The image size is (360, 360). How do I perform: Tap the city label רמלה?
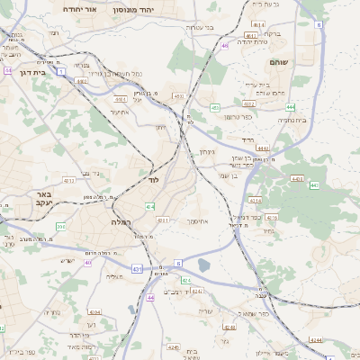(121, 220)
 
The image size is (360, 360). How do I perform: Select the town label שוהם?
(277, 64)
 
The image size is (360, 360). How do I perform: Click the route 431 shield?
(137, 268)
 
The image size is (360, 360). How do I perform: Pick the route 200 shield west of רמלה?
(60, 226)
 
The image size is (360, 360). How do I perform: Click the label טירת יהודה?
(256, 41)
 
